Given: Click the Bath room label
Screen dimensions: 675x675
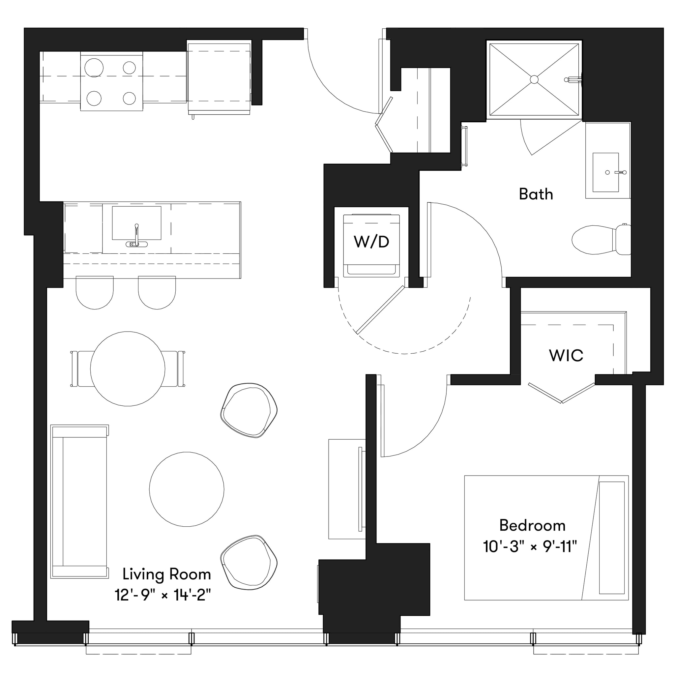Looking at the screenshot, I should pos(536,194).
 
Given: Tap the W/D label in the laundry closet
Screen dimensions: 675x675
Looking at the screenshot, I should pos(371,242).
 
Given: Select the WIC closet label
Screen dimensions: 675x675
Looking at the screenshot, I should pos(566,356).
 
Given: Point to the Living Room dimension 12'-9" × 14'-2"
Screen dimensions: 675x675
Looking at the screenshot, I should pos(163,595).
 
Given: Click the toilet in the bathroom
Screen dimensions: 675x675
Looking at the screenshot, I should pos(600,239).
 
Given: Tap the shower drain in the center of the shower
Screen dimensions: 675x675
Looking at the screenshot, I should pos(534,80).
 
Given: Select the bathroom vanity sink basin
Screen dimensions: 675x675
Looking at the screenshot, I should pos(605,172).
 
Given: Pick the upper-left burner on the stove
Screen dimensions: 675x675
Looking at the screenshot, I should pos(94,67).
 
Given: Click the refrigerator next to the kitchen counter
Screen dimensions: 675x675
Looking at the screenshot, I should pos(219,77).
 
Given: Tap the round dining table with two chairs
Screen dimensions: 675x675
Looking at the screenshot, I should pos(128,369).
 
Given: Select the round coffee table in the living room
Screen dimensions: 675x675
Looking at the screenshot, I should pos(187,489).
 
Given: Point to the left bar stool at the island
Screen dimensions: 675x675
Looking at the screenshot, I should pos(95,293).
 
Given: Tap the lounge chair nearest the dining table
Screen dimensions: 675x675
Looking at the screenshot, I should pos(249,411).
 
